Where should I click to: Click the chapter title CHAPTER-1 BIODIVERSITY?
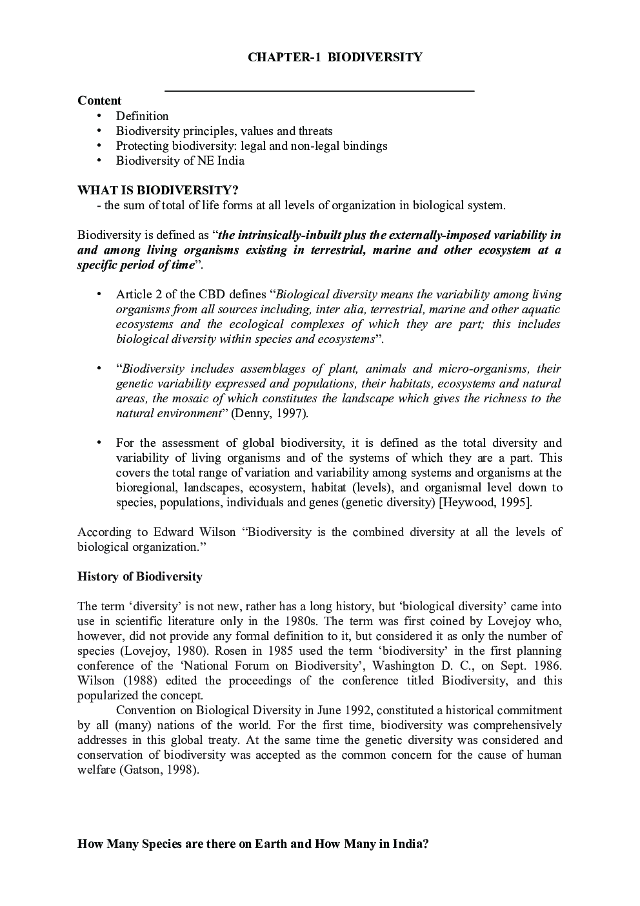pyautogui.click(x=335, y=57)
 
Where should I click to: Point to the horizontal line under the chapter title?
pyautogui.click(x=319, y=91)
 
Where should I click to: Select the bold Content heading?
pyautogui.click(x=99, y=101)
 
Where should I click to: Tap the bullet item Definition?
pyautogui.click(x=142, y=116)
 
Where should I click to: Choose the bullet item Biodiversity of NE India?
pyautogui.click(x=180, y=161)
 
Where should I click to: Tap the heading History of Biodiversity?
pyautogui.click(x=140, y=577)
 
